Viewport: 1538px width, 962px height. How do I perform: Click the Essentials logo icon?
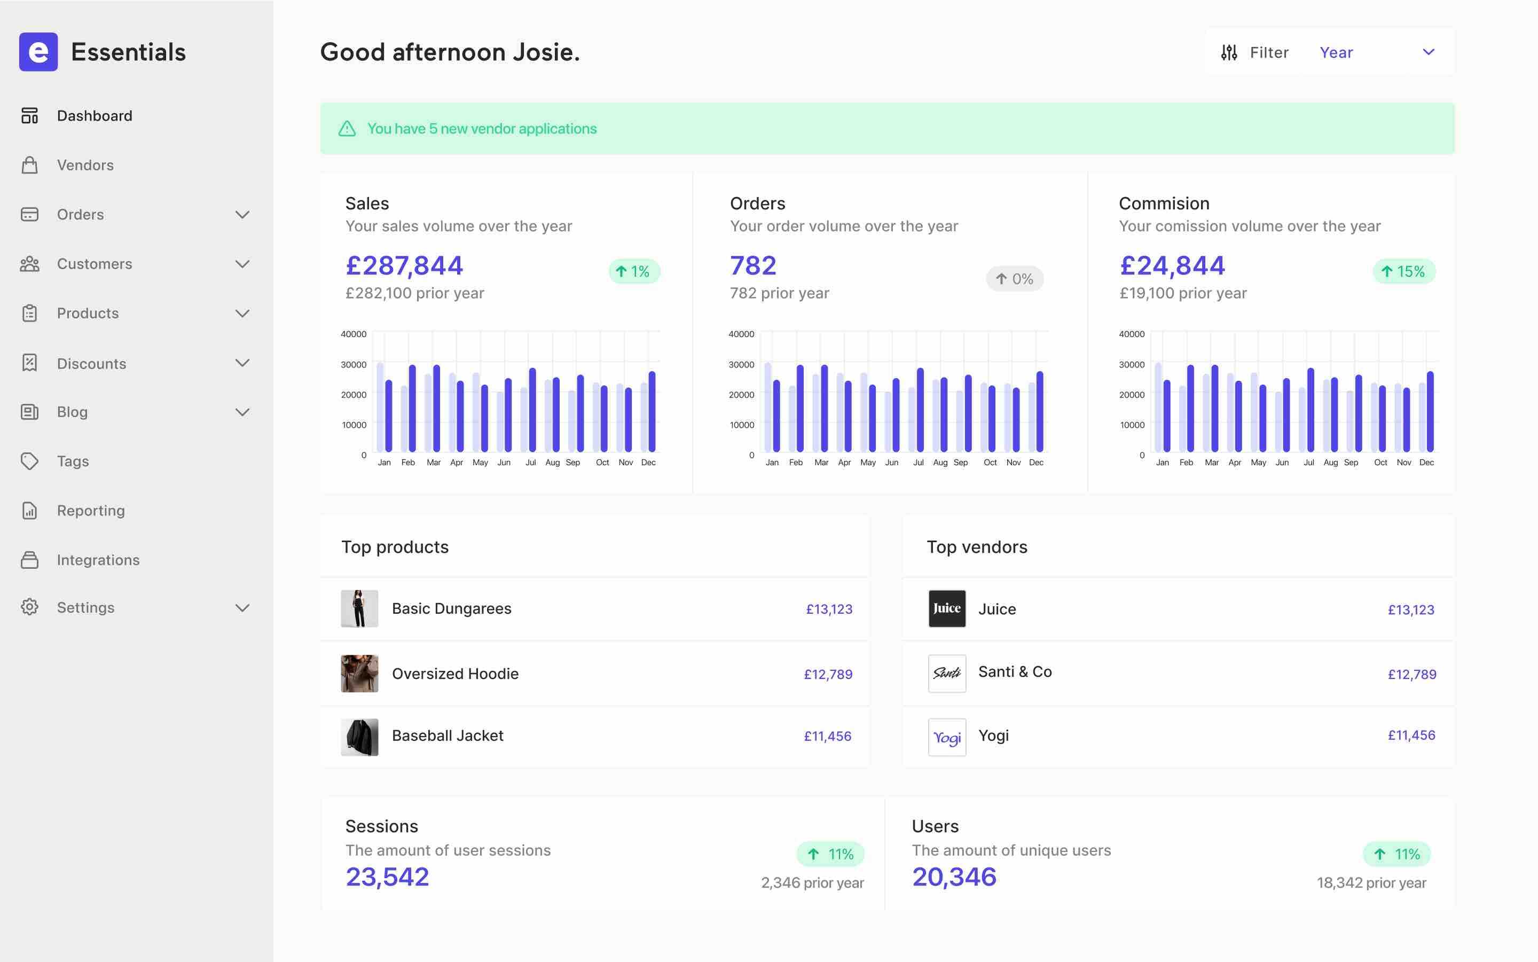coord(38,51)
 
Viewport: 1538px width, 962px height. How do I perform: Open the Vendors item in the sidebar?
coord(85,166)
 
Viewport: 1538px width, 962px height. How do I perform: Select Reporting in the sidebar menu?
coord(90,511)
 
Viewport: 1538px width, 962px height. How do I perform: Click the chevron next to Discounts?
coord(242,363)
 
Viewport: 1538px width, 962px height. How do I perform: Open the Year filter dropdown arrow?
coord(1429,52)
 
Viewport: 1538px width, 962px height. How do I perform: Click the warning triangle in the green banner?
coord(347,129)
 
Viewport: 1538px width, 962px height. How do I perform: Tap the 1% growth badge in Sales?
coord(634,272)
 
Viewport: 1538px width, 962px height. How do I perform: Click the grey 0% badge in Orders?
coord(1015,279)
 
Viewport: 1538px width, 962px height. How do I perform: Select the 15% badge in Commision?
coord(1403,272)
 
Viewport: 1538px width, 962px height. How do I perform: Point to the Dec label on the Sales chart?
coord(648,463)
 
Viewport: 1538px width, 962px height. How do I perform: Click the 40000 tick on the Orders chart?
coord(741,334)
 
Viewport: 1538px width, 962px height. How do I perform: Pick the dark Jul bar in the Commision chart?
coord(1311,410)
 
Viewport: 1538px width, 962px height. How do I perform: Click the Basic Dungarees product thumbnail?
coord(359,609)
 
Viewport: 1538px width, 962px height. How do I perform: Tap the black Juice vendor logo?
coord(946,609)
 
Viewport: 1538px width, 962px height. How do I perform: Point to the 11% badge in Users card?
coord(1396,855)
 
